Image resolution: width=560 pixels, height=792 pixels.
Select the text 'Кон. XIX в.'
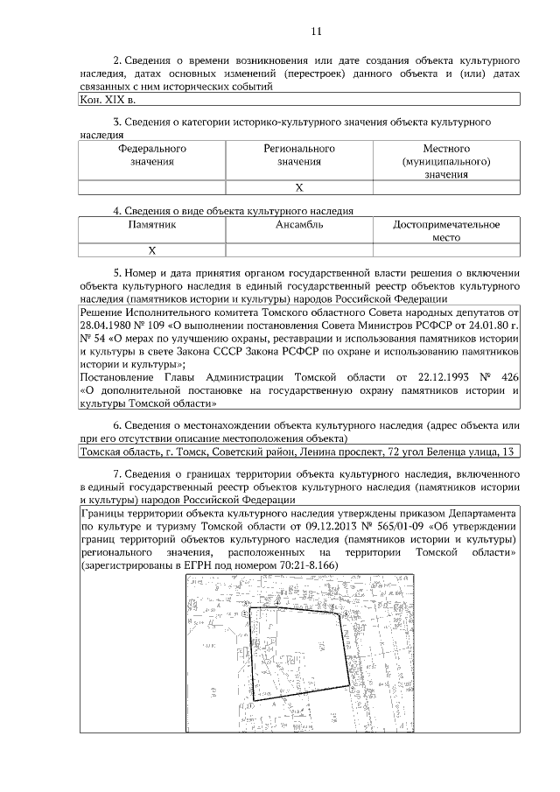(103, 100)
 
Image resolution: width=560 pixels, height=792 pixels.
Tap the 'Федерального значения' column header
(152, 155)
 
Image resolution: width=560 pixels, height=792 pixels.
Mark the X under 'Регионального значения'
(299, 187)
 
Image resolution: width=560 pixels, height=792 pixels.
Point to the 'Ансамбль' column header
(299, 224)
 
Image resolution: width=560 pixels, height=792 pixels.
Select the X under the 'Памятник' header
(152, 249)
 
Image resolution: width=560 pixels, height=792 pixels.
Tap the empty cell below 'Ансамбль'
(299, 249)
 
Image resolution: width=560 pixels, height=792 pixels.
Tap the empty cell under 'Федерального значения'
(152, 187)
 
